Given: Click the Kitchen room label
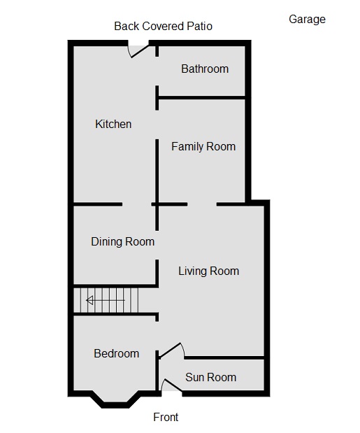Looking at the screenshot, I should [113, 125].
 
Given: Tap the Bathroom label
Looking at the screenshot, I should [205, 69].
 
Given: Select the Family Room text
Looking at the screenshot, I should [203, 147].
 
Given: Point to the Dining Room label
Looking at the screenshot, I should [122, 242].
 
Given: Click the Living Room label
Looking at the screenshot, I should [208, 271].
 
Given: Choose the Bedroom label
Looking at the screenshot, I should [116, 354].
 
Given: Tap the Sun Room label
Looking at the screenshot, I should [210, 378].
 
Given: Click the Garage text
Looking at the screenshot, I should [307, 20].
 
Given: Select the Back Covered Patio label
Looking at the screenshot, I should [163, 27].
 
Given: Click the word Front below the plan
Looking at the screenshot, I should [166, 418].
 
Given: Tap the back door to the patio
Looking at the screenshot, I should [138, 50].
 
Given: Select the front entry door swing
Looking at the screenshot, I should [169, 385].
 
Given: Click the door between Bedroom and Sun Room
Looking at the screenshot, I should [171, 350].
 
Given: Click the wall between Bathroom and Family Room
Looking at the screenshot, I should [201, 99].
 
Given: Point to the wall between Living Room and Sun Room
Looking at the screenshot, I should [224, 358].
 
